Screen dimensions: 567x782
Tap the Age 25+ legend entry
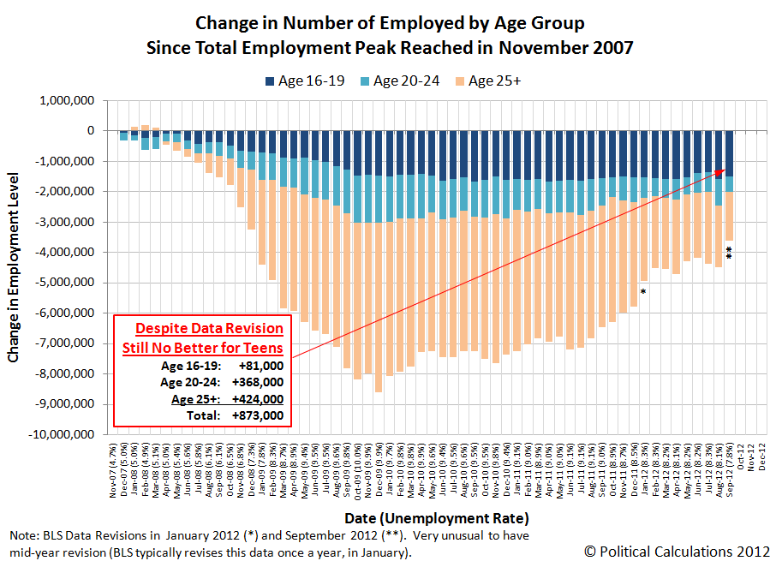click(495, 81)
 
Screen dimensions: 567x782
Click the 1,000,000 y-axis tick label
click(67, 100)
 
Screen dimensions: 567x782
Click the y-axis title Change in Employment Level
click(15, 268)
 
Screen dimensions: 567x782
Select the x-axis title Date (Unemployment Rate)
click(436, 518)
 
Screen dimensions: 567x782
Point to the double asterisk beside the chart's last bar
click(729, 254)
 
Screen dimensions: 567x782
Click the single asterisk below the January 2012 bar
click(642, 292)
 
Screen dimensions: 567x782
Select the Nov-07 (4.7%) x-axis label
click(113, 471)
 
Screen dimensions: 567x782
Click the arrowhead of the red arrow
click(724, 171)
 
